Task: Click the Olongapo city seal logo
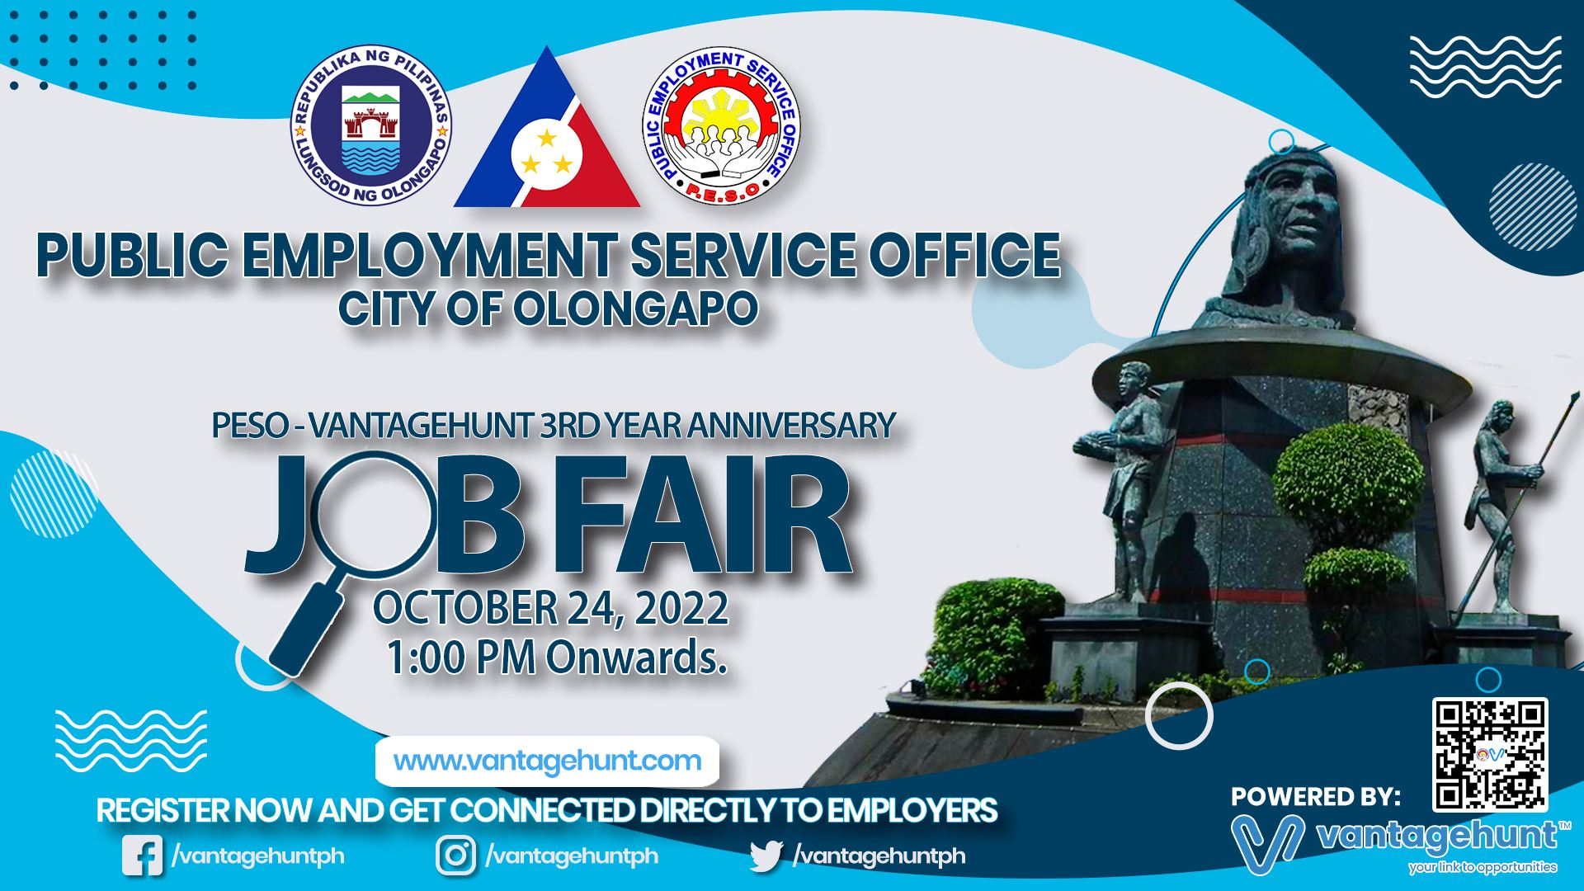[371, 125]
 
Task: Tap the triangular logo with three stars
[547, 128]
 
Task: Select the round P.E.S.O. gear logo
[722, 125]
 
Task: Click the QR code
[1490, 754]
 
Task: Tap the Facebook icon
[143, 856]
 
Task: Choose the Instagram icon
[456, 856]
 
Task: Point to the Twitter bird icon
[766, 856]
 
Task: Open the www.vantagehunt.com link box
[547, 761]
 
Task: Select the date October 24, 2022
[550, 608]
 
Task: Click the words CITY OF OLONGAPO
[548, 309]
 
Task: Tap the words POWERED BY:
[1316, 797]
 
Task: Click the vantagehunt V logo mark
[1267, 843]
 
